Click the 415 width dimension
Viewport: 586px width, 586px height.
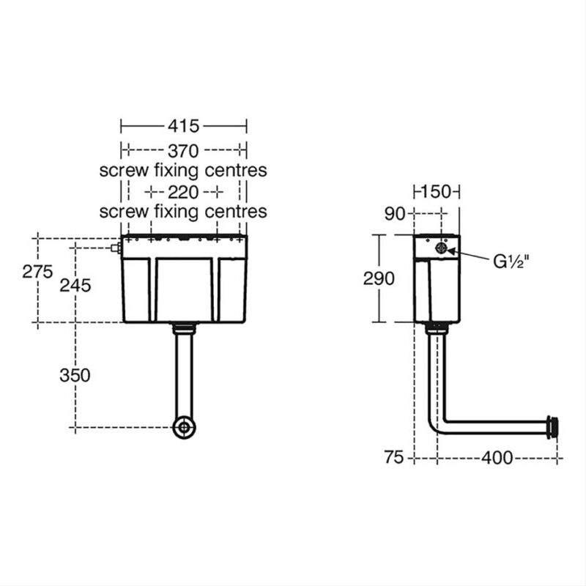point(183,126)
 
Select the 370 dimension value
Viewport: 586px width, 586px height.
point(183,151)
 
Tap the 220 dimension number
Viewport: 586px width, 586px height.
point(183,193)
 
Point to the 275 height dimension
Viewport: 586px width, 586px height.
point(37,271)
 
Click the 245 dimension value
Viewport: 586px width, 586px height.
point(75,286)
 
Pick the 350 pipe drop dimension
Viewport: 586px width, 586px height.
point(75,375)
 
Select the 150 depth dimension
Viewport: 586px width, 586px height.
point(436,192)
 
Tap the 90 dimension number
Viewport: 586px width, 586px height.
point(395,213)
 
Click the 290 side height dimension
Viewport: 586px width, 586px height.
point(379,278)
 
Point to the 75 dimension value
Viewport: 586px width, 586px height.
point(394,457)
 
